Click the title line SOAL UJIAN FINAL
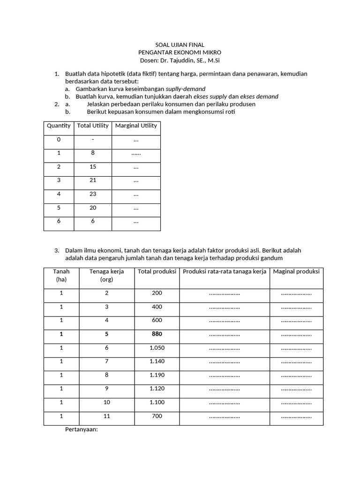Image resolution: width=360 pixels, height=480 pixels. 180,45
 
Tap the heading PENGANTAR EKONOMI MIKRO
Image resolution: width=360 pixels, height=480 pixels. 180,52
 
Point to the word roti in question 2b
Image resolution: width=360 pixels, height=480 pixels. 230,112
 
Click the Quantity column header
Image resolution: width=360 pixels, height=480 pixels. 59,126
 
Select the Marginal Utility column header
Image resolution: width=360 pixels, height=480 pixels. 136,126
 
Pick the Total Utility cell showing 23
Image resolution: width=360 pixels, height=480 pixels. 93,193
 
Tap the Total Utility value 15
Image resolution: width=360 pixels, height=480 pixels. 93,166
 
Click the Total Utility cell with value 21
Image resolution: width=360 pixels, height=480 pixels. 93,180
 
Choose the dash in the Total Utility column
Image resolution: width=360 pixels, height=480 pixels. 93,139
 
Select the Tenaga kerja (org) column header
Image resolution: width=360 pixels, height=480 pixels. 104,276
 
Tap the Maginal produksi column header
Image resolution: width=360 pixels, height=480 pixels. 296,271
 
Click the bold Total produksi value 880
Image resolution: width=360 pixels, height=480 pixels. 157,334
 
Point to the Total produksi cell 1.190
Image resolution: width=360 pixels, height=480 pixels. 157,375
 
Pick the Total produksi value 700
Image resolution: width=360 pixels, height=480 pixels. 157,416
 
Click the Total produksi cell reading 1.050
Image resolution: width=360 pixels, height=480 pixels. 157,348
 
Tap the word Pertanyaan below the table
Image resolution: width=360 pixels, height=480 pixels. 81,429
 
